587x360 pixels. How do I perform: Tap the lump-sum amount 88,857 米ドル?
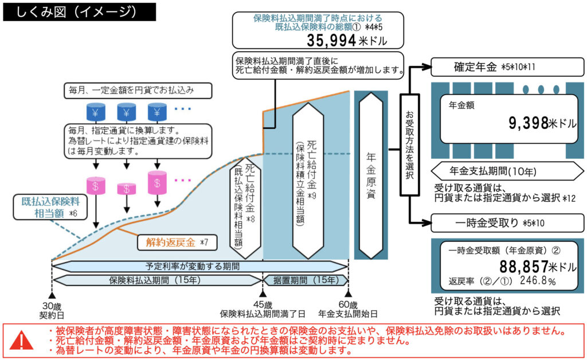pos(537,267)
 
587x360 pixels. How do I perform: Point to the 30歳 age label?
pos(52,306)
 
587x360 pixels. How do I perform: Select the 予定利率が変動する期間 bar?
pos(200,267)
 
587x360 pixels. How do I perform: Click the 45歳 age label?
pos(263,305)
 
